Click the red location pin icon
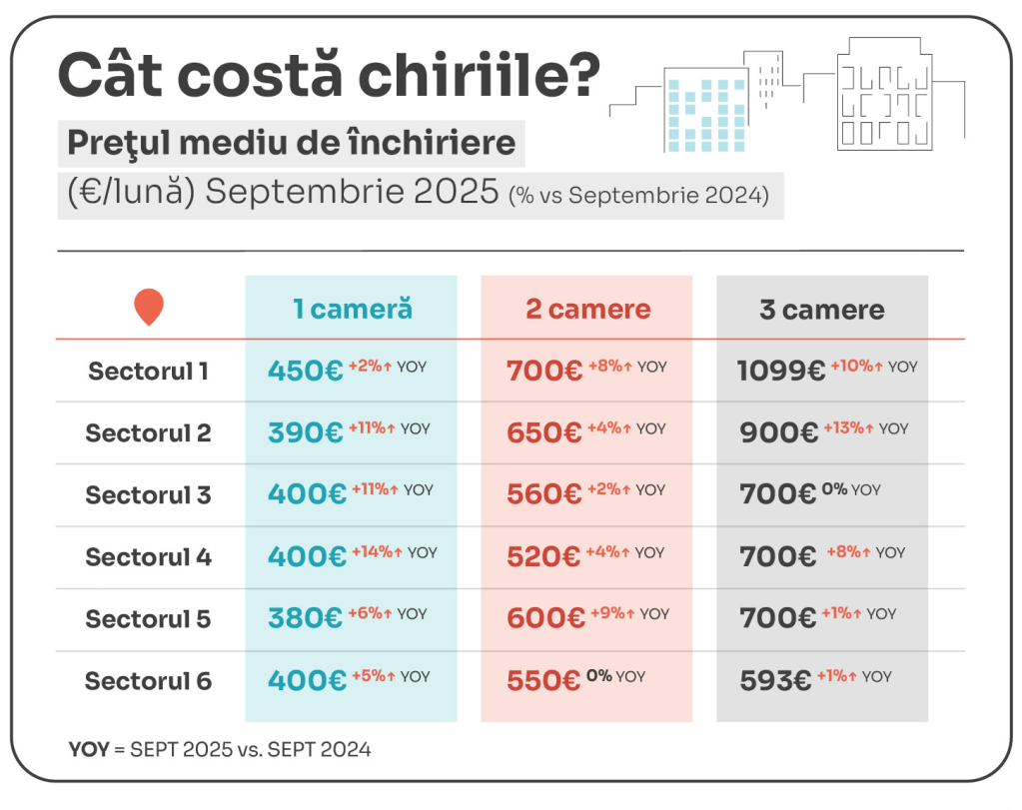coord(148,307)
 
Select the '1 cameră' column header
coord(352,309)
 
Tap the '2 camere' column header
coord(587,309)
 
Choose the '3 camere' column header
coord(821,310)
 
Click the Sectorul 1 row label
coord(148,372)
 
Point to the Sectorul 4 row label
coord(148,557)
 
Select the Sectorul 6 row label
coord(148,681)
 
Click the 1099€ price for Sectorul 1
coord(780,372)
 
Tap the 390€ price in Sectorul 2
coord(305,433)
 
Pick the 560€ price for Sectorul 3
coord(543,495)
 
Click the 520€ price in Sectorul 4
coord(543,557)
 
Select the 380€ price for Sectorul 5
coord(305,619)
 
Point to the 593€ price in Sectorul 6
coord(775,681)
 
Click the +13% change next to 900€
coord(847,428)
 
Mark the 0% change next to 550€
coord(598,676)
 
